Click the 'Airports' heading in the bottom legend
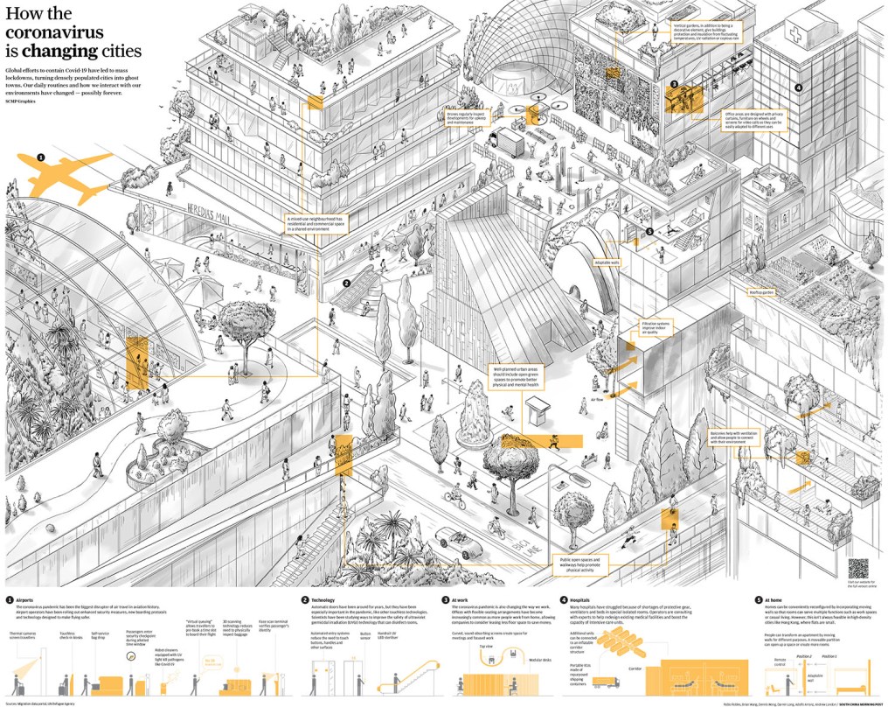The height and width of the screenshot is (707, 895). coord(25,599)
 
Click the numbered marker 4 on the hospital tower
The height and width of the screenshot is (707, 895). coord(797,87)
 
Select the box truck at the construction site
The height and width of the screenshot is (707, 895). coord(499,140)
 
